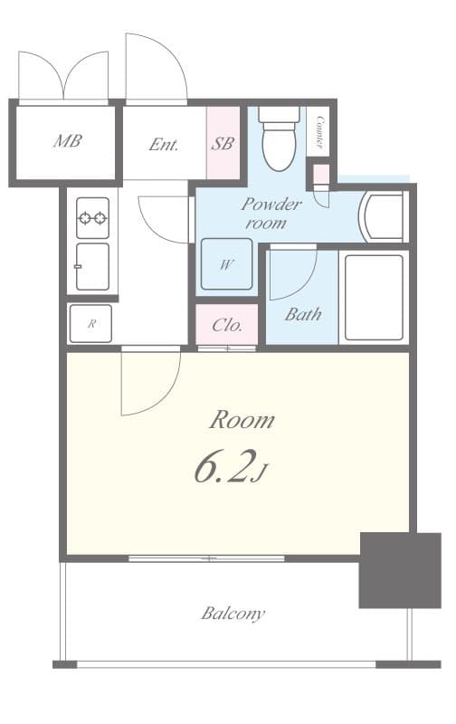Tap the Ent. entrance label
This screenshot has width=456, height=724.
(x=164, y=144)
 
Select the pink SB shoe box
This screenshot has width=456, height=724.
(x=223, y=143)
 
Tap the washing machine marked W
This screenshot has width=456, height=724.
(x=225, y=264)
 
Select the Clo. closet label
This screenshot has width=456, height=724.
(x=226, y=325)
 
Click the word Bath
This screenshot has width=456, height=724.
(x=303, y=315)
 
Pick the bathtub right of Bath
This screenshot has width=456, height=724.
(x=374, y=297)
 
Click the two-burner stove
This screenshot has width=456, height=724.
(x=92, y=217)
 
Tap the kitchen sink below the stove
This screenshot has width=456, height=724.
(x=92, y=266)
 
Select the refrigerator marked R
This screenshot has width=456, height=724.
(x=90, y=323)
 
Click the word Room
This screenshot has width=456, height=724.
(x=242, y=420)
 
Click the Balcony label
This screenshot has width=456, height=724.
(x=233, y=614)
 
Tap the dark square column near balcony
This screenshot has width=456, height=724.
(x=399, y=569)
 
